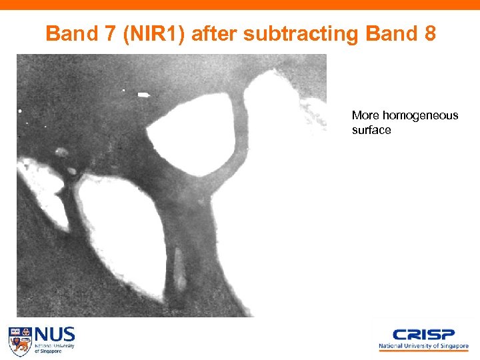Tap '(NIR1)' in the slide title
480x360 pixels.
(151, 33)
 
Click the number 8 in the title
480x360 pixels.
(429, 33)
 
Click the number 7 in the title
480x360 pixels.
(107, 33)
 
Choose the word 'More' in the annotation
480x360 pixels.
(365, 115)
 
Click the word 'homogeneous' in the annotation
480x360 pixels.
(420, 115)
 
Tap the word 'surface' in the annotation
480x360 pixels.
(371, 130)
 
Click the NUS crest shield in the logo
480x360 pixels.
(19, 341)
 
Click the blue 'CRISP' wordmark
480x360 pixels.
(423, 335)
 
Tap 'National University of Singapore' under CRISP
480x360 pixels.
(423, 347)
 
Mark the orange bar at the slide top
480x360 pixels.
(240, 5)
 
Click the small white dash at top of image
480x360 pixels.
(143, 95)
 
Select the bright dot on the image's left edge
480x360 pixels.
(20, 111)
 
